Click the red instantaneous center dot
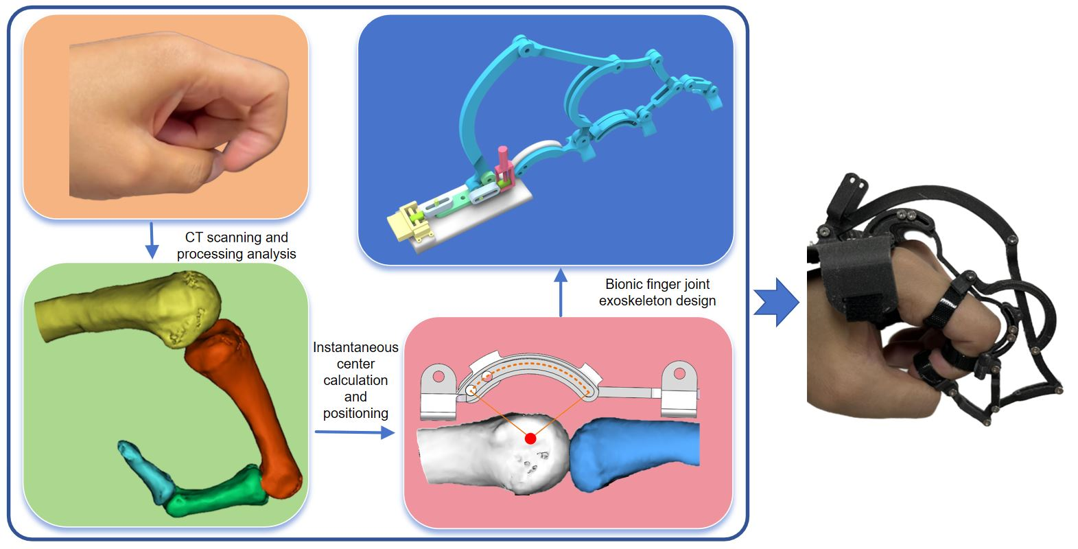click(x=530, y=438)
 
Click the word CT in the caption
click(x=194, y=237)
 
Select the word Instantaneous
click(x=355, y=347)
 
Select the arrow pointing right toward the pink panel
click(x=353, y=432)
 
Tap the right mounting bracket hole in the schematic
click(x=679, y=374)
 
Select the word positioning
click(x=355, y=413)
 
